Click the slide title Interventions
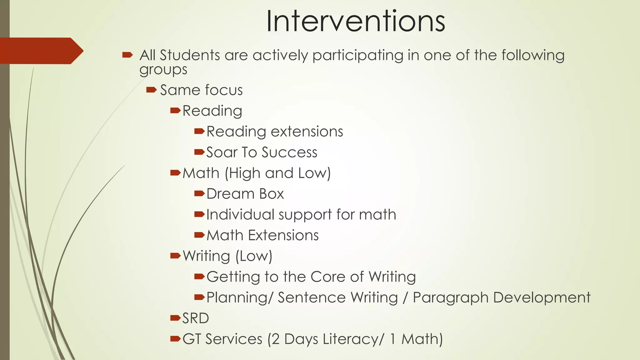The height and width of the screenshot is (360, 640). pyautogui.click(x=355, y=21)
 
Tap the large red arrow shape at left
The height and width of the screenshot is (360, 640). pyautogui.click(x=41, y=51)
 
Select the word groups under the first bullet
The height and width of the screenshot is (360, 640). pyautogui.click(x=163, y=70)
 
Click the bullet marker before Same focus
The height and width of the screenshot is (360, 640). pyautogui.click(x=151, y=90)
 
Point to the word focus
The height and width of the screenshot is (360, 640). pyautogui.click(x=224, y=90)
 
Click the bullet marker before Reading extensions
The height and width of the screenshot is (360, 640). pyautogui.click(x=199, y=131)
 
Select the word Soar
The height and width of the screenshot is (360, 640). pyautogui.click(x=221, y=152)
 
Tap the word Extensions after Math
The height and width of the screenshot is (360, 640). pyautogui.click(x=283, y=235)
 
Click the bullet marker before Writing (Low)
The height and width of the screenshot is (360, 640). pyautogui.click(x=175, y=256)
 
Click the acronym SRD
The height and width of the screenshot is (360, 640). pyautogui.click(x=196, y=318)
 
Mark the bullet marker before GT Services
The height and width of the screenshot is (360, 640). pyautogui.click(x=175, y=338)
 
